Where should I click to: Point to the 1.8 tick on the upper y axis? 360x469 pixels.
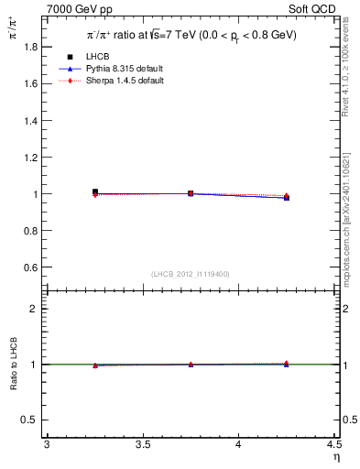point(31,46)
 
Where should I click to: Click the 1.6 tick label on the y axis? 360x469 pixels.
point(31,83)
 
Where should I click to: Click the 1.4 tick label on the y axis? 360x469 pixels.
point(31,120)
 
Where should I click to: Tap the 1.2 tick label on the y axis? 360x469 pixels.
point(31,157)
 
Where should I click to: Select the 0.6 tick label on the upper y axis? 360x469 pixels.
point(31,267)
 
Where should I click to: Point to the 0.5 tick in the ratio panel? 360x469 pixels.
point(31,420)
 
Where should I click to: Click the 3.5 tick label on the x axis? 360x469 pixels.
point(142,444)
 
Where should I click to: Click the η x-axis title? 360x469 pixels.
point(334,457)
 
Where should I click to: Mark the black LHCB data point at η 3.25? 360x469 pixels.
point(94,192)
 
